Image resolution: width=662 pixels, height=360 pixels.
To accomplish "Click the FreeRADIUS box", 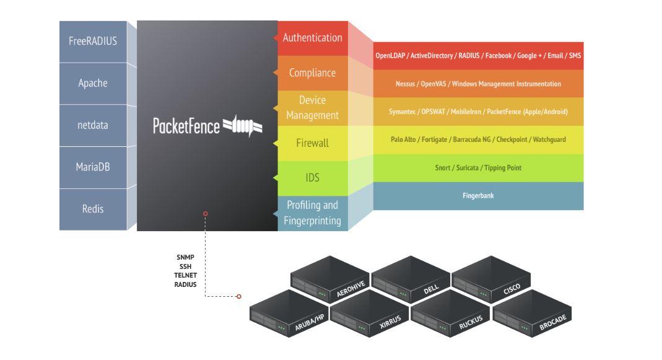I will [93, 42].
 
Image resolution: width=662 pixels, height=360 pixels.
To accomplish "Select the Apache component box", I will [93, 83].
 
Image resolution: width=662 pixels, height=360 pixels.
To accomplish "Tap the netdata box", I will [93, 125].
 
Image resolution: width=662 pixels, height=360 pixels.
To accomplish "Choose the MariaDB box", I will [93, 167].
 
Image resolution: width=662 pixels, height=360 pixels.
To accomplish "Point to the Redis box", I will [93, 209].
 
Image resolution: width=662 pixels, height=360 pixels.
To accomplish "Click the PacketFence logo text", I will [186, 126].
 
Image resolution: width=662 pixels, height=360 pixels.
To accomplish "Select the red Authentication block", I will [312, 38].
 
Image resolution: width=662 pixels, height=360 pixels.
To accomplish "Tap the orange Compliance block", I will [312, 73].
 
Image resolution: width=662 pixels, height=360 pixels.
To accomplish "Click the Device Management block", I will [312, 108].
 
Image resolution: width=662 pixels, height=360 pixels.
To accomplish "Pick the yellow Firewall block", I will [312, 143].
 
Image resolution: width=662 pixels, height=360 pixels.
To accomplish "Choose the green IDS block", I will [312, 178].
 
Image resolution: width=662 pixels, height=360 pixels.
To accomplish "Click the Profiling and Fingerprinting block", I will [312, 213].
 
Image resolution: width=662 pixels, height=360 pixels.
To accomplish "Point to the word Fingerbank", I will [478, 196].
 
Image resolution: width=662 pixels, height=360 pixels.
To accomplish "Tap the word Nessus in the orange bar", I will [406, 84].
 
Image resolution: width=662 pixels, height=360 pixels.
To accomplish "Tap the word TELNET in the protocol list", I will [185, 275].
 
